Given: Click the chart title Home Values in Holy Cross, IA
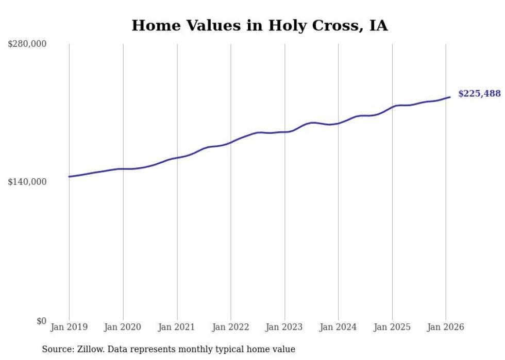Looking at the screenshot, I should pos(259,25).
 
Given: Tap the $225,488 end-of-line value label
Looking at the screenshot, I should pos(479,94).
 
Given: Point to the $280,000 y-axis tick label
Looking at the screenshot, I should pos(27,44).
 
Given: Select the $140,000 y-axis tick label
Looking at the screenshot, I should pos(27,182).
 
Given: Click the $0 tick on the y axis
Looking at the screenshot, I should pos(41,321).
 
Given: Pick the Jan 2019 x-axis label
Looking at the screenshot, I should pos(69,327).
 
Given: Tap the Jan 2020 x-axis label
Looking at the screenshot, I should pos(123,327).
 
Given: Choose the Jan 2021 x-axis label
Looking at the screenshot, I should pos(177,327).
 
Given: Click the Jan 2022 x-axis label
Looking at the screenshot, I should pos(231,327).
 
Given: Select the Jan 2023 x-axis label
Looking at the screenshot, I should pos(284,327).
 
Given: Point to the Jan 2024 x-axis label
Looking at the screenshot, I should pos(338,327).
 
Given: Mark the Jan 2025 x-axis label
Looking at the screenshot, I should pos(392,327).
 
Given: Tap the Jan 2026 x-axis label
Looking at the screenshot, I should pos(446,327).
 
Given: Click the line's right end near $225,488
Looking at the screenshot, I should pos(450,97).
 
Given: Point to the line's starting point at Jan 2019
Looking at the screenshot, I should pos(69,177).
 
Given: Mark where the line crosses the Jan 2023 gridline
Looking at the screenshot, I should pos(284,132).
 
